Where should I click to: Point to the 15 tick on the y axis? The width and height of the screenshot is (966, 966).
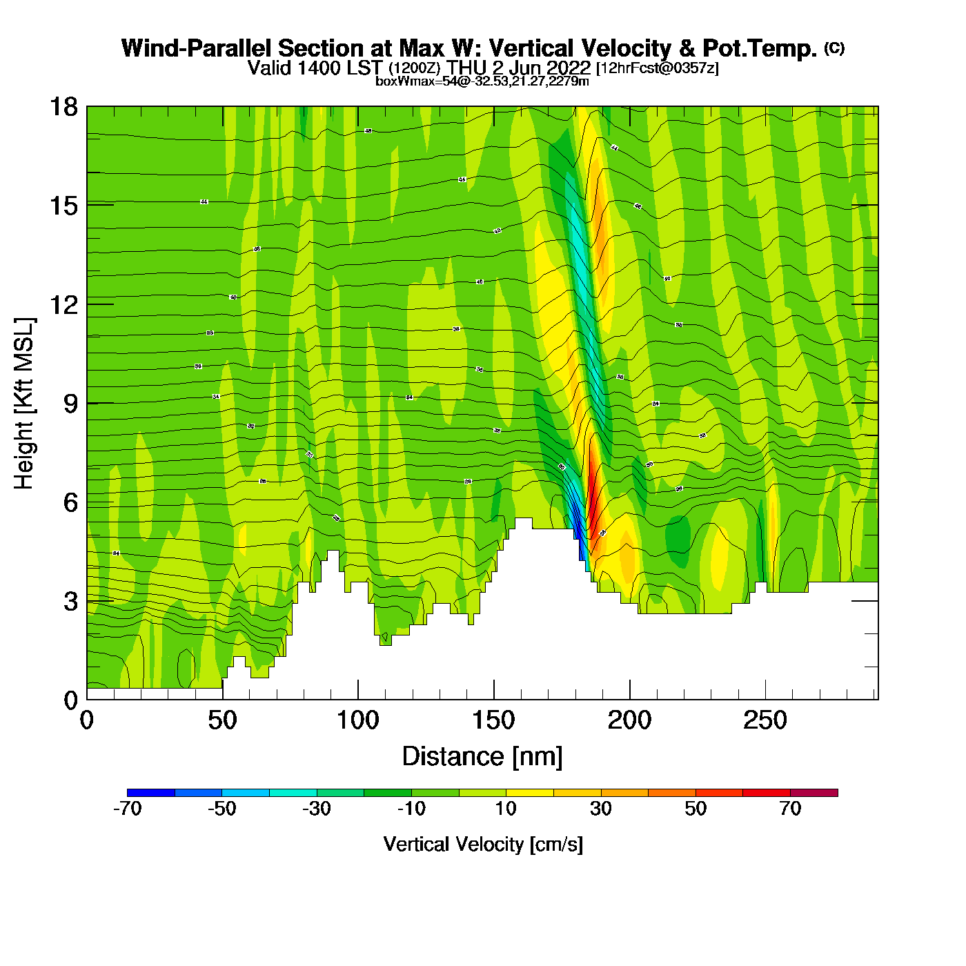pos(63,206)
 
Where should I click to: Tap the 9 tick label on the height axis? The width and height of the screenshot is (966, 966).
pos(70,404)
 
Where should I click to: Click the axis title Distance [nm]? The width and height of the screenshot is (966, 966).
pos(482,756)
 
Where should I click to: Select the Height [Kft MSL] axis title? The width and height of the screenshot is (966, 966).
pos(24,404)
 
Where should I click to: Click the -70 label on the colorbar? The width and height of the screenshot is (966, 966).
pos(127,809)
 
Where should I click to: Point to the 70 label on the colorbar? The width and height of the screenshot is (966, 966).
pos(790,809)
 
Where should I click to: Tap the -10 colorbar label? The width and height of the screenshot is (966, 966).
pos(411,809)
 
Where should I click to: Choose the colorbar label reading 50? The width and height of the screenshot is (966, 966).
pos(696,809)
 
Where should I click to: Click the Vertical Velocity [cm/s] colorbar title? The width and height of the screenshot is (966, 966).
pos(482,844)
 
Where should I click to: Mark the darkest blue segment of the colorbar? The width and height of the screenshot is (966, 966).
pos(151,793)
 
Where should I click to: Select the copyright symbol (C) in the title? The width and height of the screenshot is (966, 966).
pos(834,48)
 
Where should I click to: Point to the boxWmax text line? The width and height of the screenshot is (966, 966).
pos(482,81)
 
